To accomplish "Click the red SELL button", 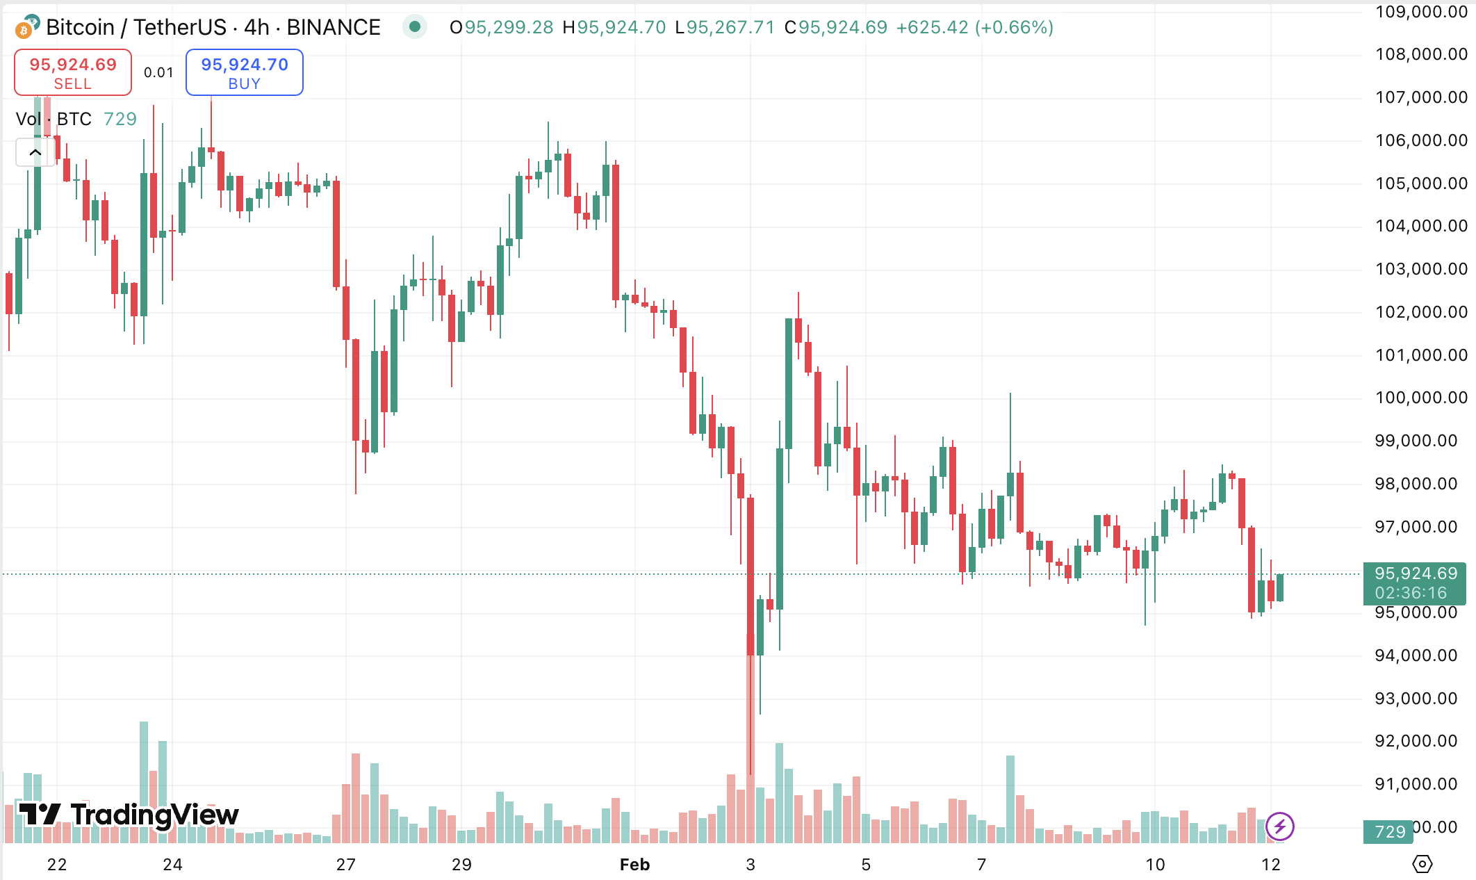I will pyautogui.click(x=73, y=72).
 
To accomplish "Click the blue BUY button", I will pyautogui.click(x=244, y=72).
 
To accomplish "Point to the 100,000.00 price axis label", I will pyautogui.click(x=1420, y=398).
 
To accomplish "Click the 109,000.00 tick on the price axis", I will pyautogui.click(x=1420, y=12).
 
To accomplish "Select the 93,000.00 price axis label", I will pyautogui.click(x=1416, y=699).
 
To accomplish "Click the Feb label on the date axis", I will pyautogui.click(x=634, y=865).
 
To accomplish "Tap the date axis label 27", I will pyautogui.click(x=346, y=865).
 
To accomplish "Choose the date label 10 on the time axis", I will pyautogui.click(x=1155, y=865).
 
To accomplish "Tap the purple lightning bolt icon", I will pyautogui.click(x=1279, y=826).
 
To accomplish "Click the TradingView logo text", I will pyautogui.click(x=129, y=815).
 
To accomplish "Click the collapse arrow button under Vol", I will pyautogui.click(x=35, y=152).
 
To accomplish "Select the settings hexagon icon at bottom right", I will pyautogui.click(x=1422, y=864).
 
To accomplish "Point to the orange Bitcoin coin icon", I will pyautogui.click(x=24, y=30).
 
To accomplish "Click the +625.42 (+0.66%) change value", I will pyautogui.click(x=974, y=27).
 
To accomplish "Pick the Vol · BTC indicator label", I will pyautogui.click(x=54, y=119).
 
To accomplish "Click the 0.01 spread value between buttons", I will pyautogui.click(x=158, y=72).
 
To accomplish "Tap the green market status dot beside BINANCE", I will pyautogui.click(x=415, y=27).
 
